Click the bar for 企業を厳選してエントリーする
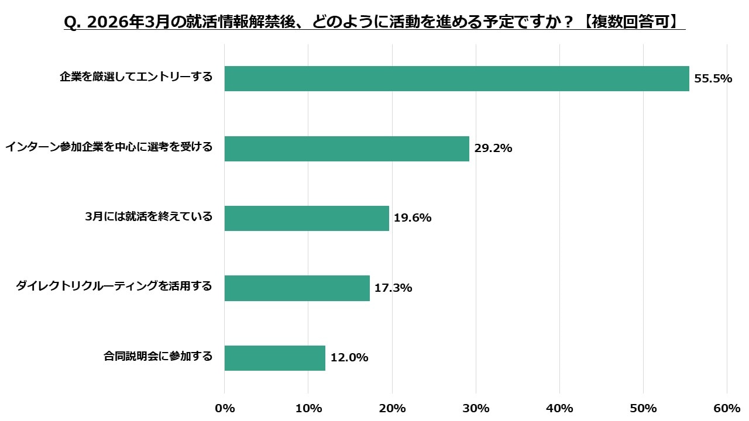[456, 78]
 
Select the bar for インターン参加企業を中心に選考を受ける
[346, 149]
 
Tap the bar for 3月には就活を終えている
[307, 218]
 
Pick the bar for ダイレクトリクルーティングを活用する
[297, 288]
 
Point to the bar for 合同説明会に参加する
[274, 358]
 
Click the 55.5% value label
[713, 78]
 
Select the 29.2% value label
[493, 149]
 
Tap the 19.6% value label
[413, 218]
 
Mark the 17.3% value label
[393, 288]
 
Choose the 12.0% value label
[349, 358]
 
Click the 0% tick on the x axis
[225, 408]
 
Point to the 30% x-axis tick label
[476, 408]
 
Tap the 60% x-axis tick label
[727, 408]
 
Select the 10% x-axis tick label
[308, 408]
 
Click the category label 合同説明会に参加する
[158, 356]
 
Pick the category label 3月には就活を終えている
[149, 216]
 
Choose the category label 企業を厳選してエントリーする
[136, 77]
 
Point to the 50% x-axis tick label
[643, 408]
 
